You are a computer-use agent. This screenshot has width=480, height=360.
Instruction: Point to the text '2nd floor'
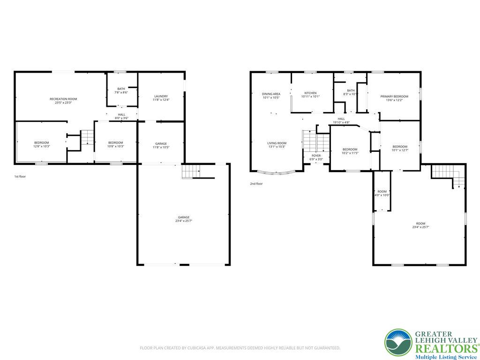pos(256,184)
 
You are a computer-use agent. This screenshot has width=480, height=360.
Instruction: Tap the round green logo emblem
pos(398,342)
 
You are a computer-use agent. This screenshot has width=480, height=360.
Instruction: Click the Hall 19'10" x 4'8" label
pos(341,120)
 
